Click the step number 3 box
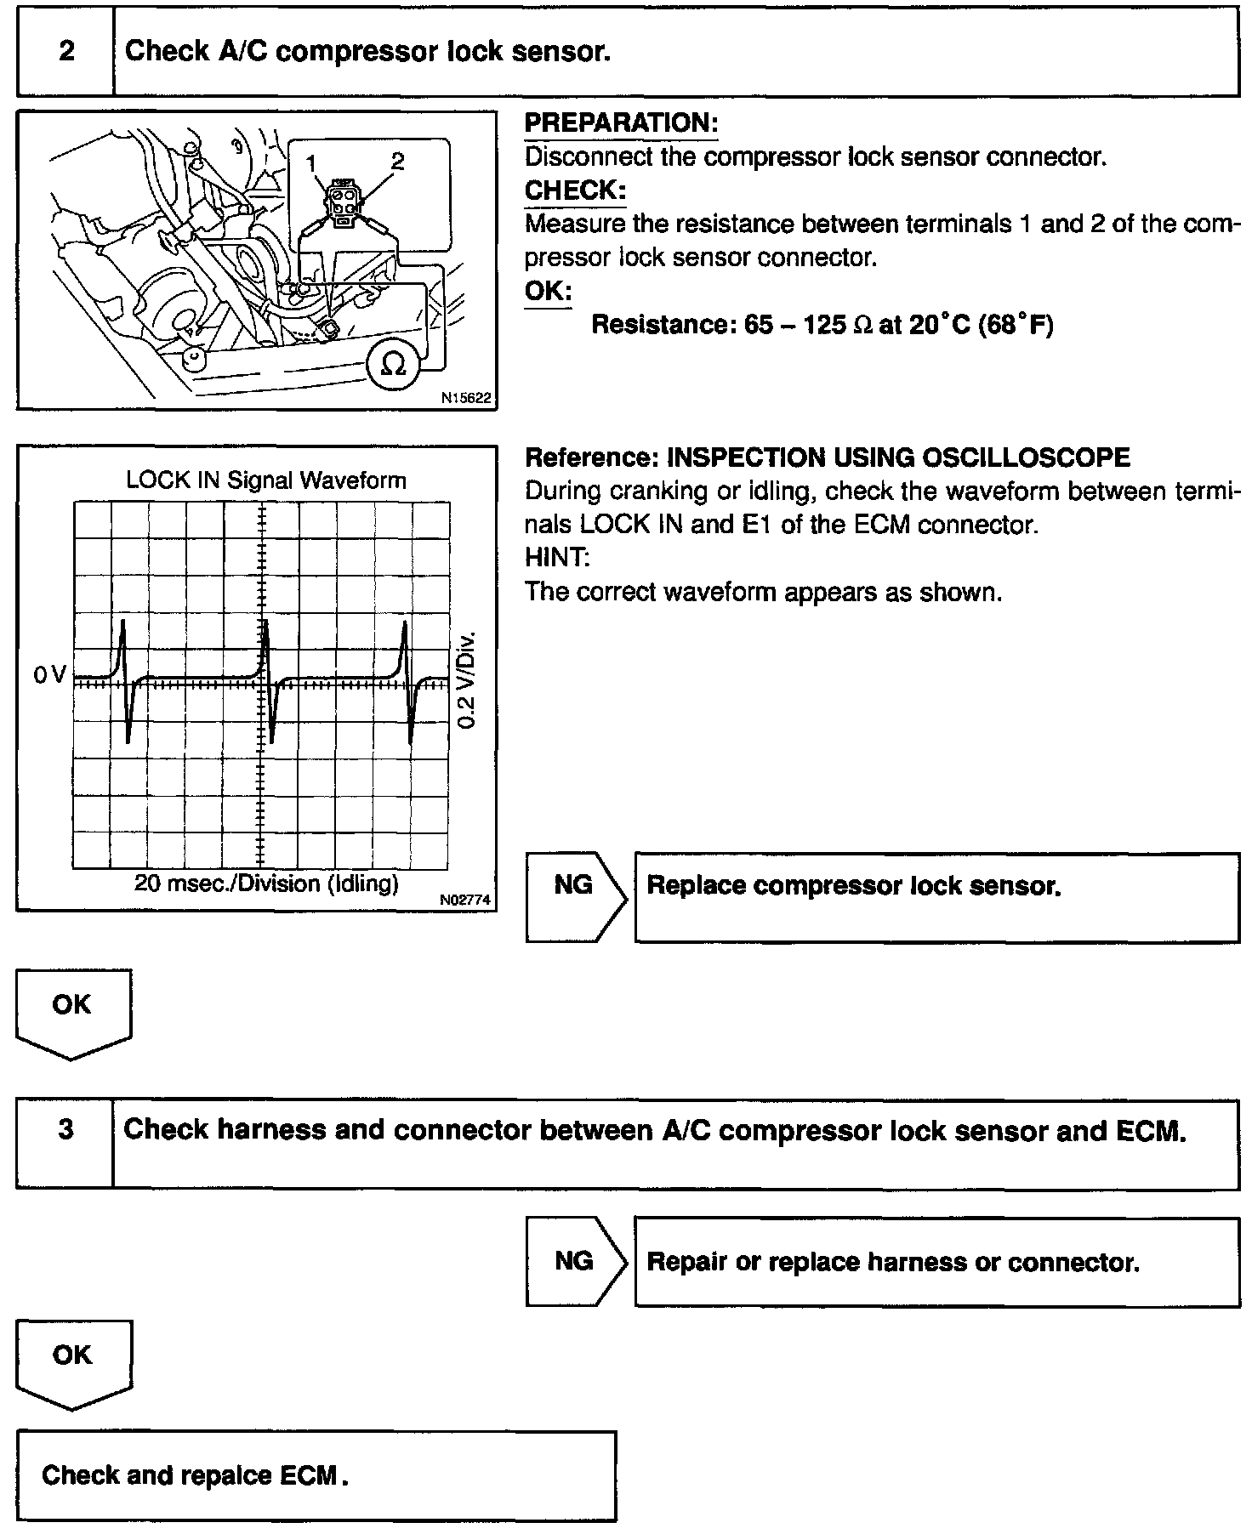pyautogui.click(x=65, y=1130)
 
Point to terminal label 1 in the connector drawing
pyautogui.click(x=312, y=162)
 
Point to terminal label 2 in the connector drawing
pyautogui.click(x=397, y=160)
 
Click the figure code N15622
pyautogui.click(x=467, y=398)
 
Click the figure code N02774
pyautogui.click(x=467, y=900)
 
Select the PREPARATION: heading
pyautogui.click(x=621, y=123)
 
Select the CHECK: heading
pyautogui.click(x=575, y=190)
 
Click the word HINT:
pyautogui.click(x=557, y=558)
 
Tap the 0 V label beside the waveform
pyautogui.click(x=49, y=675)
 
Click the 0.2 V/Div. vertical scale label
pyautogui.click(x=467, y=680)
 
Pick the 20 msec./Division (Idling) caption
pyautogui.click(x=266, y=883)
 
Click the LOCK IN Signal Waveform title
pyautogui.click(x=266, y=480)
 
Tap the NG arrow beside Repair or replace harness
pyautogui.click(x=574, y=1261)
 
